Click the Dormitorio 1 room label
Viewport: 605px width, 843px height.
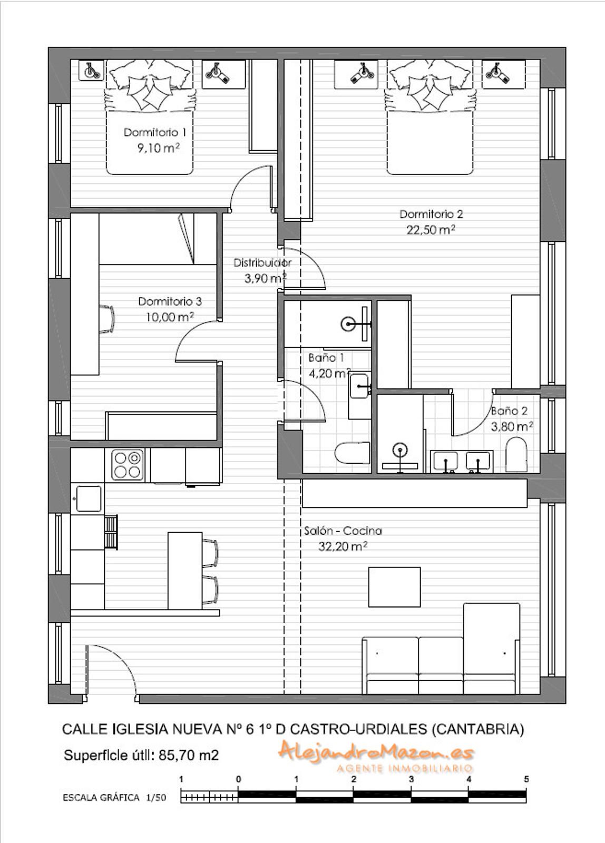pyautogui.click(x=155, y=132)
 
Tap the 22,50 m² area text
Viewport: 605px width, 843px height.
pyautogui.click(x=431, y=230)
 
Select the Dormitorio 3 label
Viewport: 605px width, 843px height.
pyautogui.click(x=170, y=301)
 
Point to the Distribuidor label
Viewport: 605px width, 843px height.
pyautogui.click(x=262, y=263)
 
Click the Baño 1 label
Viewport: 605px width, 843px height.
pyautogui.click(x=326, y=358)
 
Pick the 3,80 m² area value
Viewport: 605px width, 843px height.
pyautogui.click(x=512, y=426)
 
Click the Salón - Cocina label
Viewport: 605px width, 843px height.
pyautogui.click(x=343, y=531)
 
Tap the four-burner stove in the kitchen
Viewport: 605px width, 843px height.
pyautogui.click(x=127, y=465)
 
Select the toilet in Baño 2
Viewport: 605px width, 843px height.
pyautogui.click(x=516, y=454)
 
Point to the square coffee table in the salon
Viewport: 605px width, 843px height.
pyautogui.click(x=394, y=587)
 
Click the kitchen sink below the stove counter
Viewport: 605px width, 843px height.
pyautogui.click(x=89, y=498)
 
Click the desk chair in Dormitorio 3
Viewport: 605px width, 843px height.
pyautogui.click(x=107, y=319)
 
